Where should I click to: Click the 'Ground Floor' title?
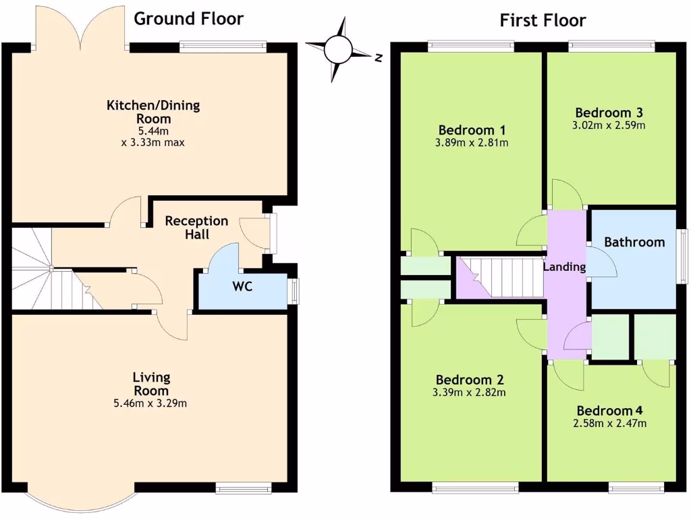(x=188, y=18)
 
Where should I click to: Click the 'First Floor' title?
(x=543, y=20)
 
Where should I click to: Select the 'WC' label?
(x=242, y=287)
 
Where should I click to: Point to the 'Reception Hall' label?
(x=196, y=228)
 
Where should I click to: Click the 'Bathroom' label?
(x=634, y=242)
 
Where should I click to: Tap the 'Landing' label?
(x=564, y=267)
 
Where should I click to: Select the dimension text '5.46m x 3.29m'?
(x=151, y=403)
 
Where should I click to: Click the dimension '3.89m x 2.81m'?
(x=472, y=143)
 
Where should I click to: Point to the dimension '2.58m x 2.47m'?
(x=609, y=424)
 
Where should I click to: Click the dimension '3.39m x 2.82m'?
(x=470, y=392)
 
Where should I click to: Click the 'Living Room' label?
(x=151, y=384)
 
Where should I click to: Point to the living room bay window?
(x=80, y=499)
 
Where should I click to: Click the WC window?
(x=294, y=291)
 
